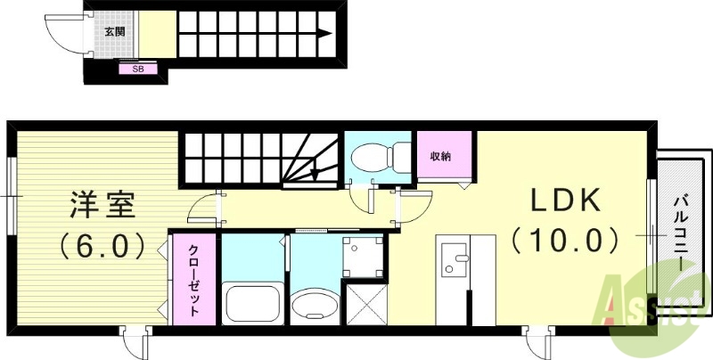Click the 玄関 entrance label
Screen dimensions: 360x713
point(114,32)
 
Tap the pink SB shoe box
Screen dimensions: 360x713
point(138,68)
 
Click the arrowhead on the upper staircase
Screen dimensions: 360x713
point(327,35)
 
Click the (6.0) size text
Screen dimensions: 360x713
point(102,244)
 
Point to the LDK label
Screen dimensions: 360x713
point(563,200)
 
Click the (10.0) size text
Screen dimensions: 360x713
point(563,240)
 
